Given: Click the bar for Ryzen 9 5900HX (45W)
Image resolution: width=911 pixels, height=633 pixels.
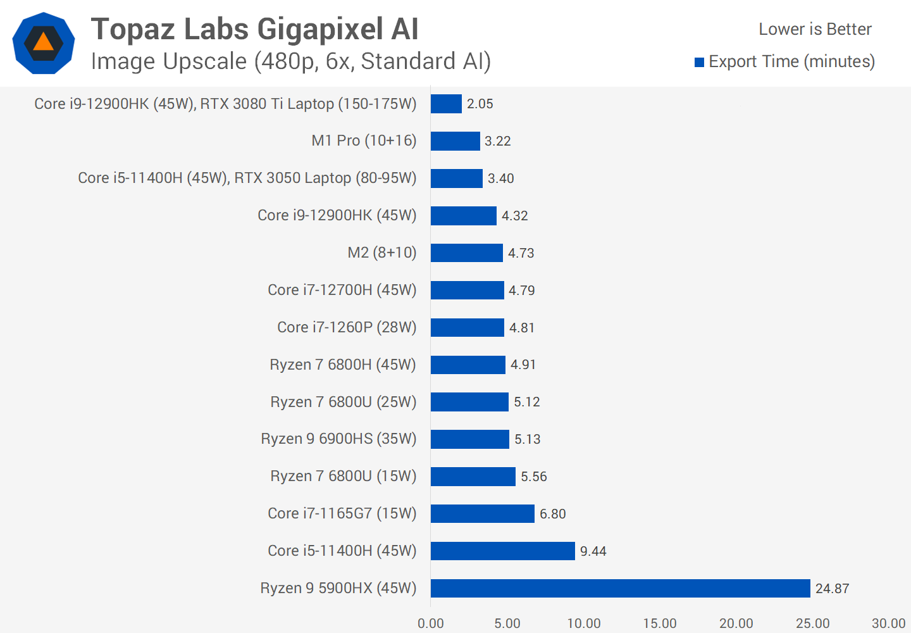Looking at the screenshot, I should click(620, 588).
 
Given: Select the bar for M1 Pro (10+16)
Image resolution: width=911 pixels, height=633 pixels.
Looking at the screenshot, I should click(455, 141).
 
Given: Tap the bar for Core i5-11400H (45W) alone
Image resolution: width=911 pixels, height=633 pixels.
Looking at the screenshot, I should click(502, 551).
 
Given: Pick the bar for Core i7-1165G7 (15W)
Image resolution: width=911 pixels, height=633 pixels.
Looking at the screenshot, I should click(482, 513).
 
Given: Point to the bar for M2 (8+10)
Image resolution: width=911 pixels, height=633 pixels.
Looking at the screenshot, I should click(466, 253).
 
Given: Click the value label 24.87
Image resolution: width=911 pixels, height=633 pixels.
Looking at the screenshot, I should click(832, 589).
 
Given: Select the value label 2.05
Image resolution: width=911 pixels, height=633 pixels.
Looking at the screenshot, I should click(480, 104).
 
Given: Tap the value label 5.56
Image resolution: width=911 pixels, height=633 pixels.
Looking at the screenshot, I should click(533, 477).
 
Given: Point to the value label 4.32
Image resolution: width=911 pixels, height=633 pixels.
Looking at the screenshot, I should click(514, 216).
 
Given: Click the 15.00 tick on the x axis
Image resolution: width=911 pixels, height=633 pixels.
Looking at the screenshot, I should click(660, 624).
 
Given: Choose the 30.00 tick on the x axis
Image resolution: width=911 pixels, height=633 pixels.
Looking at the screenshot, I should click(888, 624).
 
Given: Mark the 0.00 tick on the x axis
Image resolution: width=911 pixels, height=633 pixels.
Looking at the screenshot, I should click(431, 624).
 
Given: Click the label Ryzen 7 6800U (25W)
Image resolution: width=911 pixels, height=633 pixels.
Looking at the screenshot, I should click(343, 402).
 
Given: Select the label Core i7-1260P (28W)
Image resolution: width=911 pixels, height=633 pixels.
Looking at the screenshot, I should click(347, 327).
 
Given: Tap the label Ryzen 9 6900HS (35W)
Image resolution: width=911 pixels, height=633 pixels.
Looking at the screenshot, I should click(338, 439).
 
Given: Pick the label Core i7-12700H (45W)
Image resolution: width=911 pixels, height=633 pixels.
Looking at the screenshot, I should click(342, 290).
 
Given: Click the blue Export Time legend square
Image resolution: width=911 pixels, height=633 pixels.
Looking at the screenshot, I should click(699, 62).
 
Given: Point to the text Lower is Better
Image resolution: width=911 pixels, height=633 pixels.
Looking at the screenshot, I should click(815, 29).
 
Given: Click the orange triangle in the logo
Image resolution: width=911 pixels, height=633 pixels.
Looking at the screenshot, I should click(43, 42).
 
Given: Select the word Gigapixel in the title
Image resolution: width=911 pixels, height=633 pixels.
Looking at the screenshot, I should click(320, 29).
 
